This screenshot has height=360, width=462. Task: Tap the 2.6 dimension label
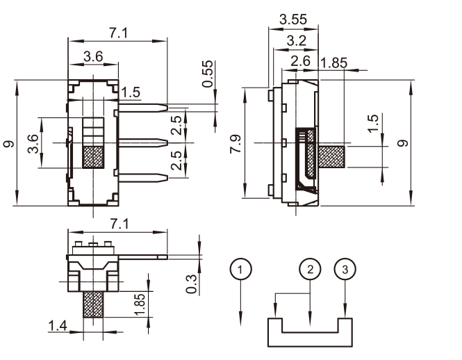pos(300,61)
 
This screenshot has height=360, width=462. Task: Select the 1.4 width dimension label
pos(58,325)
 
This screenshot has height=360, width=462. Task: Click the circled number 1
pos(240,269)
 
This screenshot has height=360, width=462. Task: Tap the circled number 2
pos(311,269)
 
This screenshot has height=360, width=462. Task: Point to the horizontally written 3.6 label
pos(94,56)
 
